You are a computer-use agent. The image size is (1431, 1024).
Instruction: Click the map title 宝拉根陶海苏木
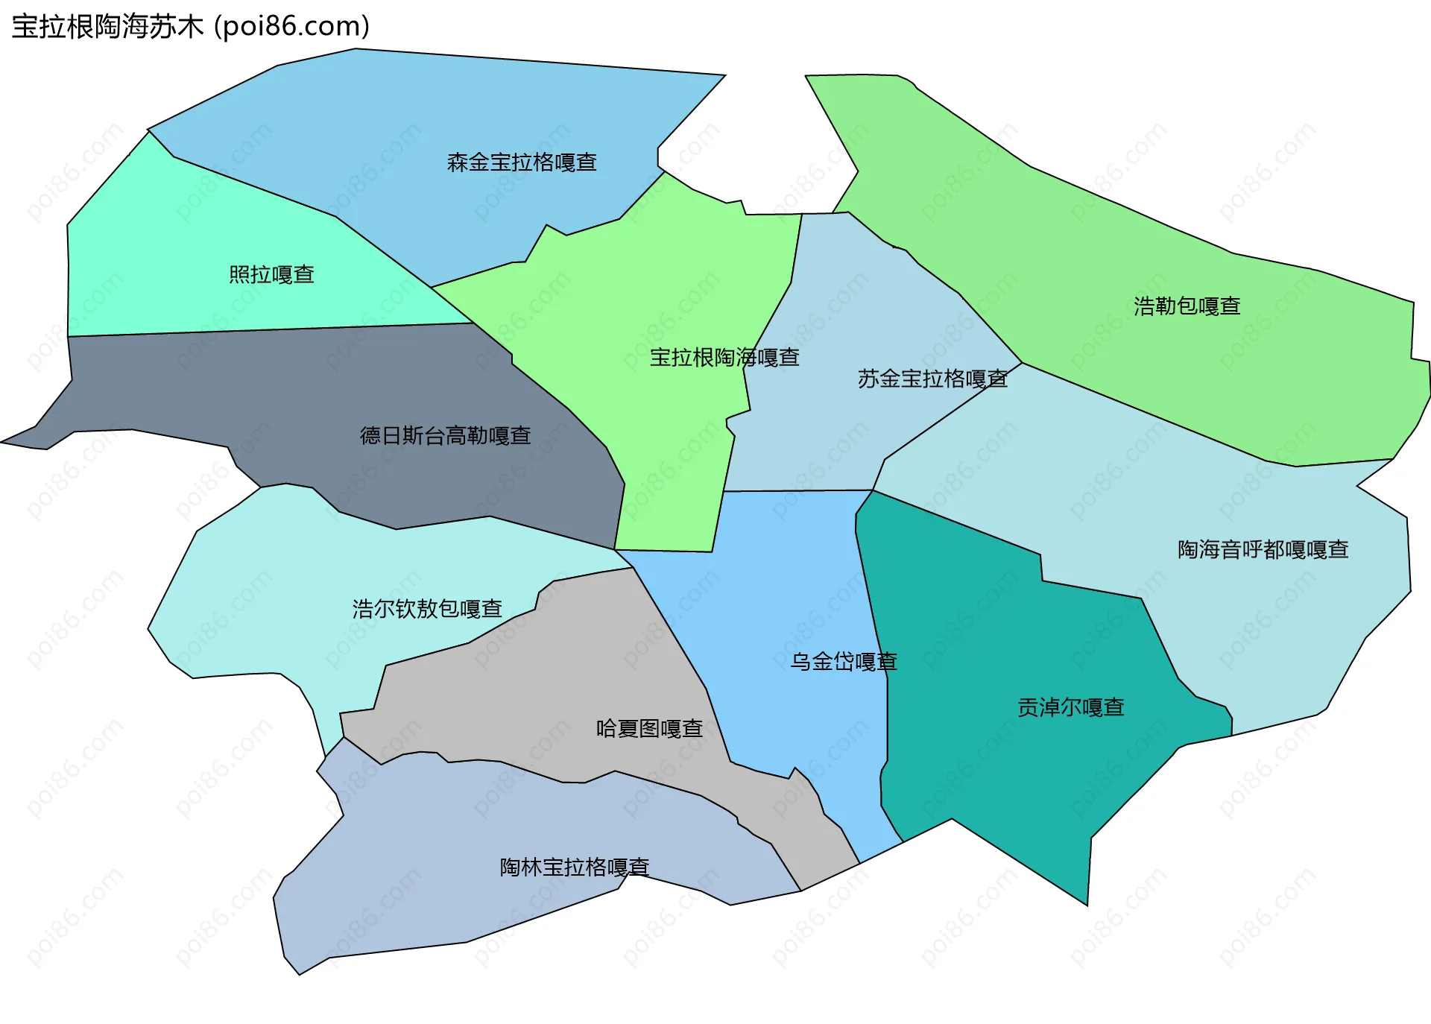[x=107, y=27]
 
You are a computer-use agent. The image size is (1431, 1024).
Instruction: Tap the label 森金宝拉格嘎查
[x=522, y=162]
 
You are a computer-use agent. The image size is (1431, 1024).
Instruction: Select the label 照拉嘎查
[x=271, y=275]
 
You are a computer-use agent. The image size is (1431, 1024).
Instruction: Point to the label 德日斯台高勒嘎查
[x=445, y=436]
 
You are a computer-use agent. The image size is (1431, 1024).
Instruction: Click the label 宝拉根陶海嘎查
[x=724, y=358]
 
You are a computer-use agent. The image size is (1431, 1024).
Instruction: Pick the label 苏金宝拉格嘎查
[x=932, y=379]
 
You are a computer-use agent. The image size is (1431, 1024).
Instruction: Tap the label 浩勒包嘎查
[x=1187, y=306]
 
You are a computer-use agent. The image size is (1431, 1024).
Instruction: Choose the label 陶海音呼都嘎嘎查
[x=1263, y=550]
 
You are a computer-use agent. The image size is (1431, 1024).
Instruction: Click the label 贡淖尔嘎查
[x=1070, y=707]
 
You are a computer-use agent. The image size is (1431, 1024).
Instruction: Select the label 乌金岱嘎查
[x=844, y=662]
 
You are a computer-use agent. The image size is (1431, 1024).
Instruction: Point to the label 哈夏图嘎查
[x=649, y=729]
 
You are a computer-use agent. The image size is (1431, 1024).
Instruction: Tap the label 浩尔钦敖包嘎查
[x=427, y=610]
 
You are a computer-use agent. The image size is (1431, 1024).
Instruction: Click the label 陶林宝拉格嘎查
[x=575, y=867]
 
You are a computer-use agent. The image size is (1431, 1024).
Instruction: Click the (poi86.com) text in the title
[x=292, y=27]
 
